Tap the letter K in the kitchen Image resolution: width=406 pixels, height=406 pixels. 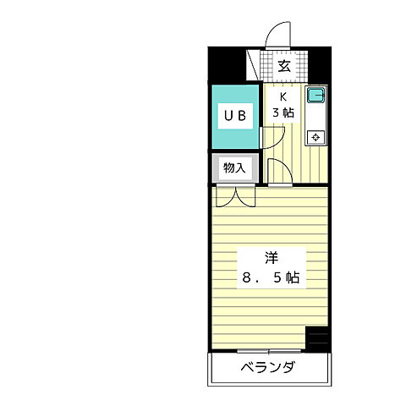click(284, 96)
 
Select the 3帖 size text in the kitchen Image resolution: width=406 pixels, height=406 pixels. click(283, 112)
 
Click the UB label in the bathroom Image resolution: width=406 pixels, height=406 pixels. click(234, 117)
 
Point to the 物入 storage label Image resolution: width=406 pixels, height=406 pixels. click(233, 168)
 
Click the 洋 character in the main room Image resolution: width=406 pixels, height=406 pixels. click(270, 257)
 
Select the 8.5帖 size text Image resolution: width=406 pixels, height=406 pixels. click(270, 277)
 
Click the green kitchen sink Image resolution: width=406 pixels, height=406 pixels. click(315, 96)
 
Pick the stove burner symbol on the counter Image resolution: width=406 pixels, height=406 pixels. click(315, 135)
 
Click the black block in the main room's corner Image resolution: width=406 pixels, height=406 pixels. click(316, 337)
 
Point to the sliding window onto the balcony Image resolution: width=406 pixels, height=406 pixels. click(270, 348)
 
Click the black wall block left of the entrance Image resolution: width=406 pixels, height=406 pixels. click(227, 63)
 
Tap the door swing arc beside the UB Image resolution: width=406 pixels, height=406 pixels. click(271, 135)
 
